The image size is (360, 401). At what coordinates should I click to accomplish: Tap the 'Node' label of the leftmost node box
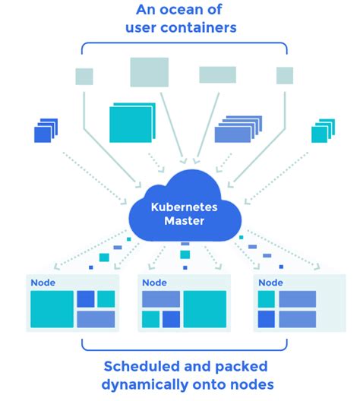(43, 283)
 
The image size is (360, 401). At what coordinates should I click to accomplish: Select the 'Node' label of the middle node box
(154, 283)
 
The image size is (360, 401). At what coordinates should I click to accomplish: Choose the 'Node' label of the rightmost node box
(270, 283)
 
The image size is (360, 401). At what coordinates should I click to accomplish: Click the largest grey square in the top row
(149, 72)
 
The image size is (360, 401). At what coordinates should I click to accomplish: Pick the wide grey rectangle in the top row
(217, 74)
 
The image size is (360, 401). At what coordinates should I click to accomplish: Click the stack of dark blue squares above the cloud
(46, 131)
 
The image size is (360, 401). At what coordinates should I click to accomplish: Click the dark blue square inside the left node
(86, 298)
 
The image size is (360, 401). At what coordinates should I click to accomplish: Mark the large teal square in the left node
(52, 309)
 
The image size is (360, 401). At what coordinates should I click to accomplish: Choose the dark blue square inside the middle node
(171, 319)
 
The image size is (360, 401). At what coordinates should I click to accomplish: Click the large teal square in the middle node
(204, 309)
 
